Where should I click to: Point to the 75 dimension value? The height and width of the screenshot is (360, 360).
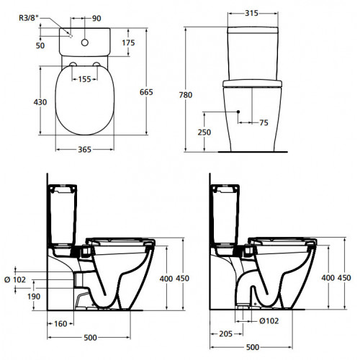click(x=264, y=122)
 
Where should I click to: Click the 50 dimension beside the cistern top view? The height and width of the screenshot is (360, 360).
click(x=40, y=45)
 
